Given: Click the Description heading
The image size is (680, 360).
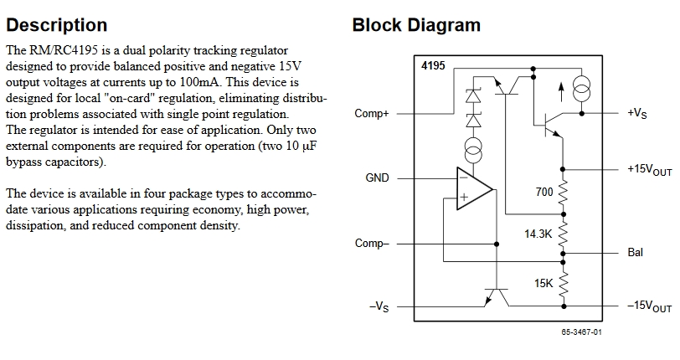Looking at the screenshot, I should click(56, 25).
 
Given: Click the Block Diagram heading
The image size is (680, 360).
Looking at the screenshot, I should click(416, 25).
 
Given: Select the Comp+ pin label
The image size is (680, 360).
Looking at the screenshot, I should click(372, 114).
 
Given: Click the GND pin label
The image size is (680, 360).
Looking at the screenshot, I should click(378, 178).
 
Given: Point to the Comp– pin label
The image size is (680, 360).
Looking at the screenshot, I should click(372, 244).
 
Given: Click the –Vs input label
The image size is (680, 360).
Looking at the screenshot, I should click(379, 306).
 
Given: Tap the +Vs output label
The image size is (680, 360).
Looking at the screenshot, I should click(636, 114).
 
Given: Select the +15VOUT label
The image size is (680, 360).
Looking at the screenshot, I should click(649, 169).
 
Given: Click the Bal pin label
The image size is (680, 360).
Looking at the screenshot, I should click(635, 251).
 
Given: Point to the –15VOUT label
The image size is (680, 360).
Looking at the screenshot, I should click(649, 307).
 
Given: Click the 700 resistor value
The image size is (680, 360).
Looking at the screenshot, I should click(543, 193).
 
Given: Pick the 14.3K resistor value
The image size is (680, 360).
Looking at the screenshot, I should click(538, 234).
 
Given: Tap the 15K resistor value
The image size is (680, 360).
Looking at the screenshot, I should click(543, 284).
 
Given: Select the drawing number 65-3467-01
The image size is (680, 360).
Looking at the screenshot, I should click(581, 332).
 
